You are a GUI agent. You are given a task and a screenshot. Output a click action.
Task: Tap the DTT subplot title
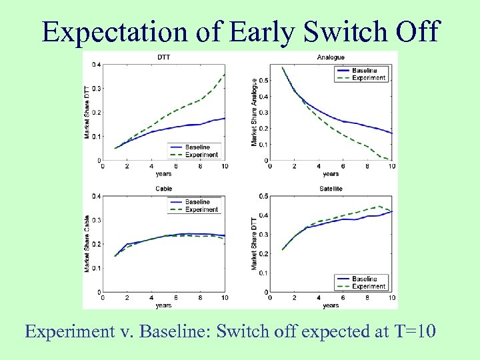tap(163, 57)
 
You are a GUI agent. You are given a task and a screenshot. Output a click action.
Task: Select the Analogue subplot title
tap(331, 57)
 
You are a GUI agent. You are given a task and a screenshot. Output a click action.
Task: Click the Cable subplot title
tap(163, 189)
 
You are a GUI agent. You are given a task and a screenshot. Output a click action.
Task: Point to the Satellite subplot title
tap(331, 189)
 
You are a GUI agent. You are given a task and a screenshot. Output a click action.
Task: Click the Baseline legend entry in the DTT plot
tap(197, 147)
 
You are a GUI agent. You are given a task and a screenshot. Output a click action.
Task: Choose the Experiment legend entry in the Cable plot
tap(201, 209)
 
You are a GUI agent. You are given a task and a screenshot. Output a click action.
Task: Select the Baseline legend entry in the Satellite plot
tap(364, 279)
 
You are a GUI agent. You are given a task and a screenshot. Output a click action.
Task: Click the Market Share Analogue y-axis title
tap(254, 112)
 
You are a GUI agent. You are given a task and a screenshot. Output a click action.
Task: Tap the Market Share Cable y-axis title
tap(87, 243)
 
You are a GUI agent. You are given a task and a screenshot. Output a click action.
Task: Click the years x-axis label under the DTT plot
tap(163, 173)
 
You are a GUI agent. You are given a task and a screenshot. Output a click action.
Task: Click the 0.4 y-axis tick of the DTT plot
tap(97, 65)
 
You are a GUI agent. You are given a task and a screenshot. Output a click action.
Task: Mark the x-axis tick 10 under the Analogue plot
tap(391, 167)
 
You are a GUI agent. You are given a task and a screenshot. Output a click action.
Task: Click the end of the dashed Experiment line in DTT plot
tap(225, 74)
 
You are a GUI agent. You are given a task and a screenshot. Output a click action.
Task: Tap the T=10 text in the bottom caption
tap(413, 331)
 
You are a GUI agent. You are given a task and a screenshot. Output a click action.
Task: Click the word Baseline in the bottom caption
tap(164, 331)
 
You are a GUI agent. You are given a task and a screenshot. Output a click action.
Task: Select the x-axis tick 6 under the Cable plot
tap(176, 298)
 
